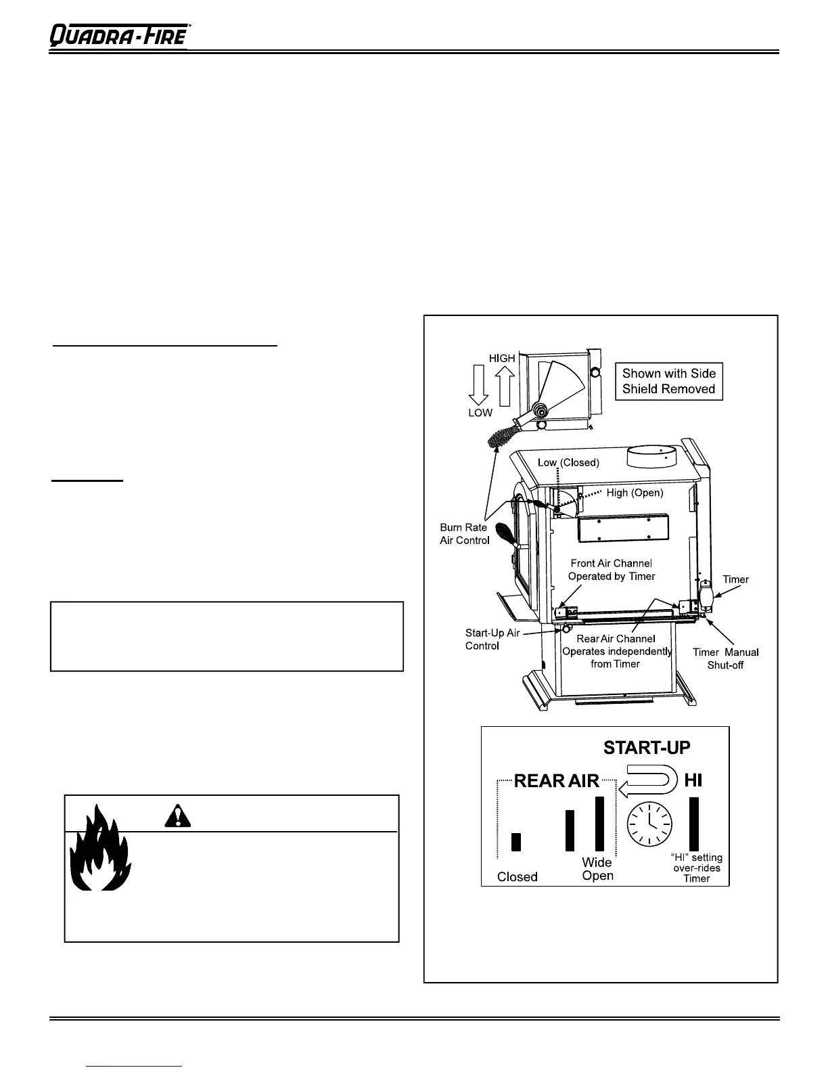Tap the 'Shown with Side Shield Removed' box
point(668,381)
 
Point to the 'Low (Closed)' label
point(568,463)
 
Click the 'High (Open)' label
point(635,493)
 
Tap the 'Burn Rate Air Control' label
point(464,533)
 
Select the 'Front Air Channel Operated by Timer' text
point(612,570)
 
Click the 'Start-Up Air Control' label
point(492,640)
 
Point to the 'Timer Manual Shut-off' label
point(725,658)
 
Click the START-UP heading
point(647,748)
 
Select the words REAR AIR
point(557,781)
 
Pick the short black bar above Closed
point(517,841)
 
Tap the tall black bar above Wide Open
point(599,823)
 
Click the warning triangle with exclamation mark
point(177,817)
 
